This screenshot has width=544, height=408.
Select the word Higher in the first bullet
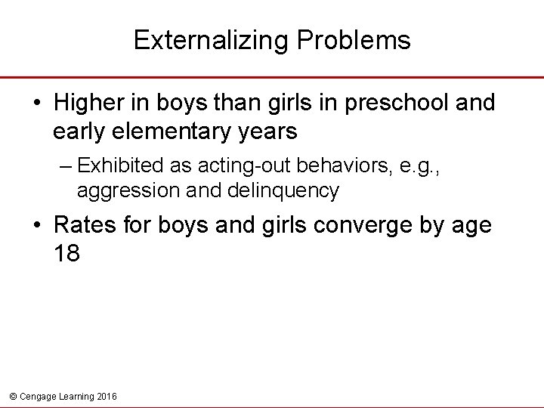[x=91, y=103]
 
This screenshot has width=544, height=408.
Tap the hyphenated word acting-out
[x=233, y=165]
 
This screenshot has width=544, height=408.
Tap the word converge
[x=354, y=225]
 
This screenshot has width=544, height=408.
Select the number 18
[x=66, y=253]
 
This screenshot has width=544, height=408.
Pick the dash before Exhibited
[x=66, y=165]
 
